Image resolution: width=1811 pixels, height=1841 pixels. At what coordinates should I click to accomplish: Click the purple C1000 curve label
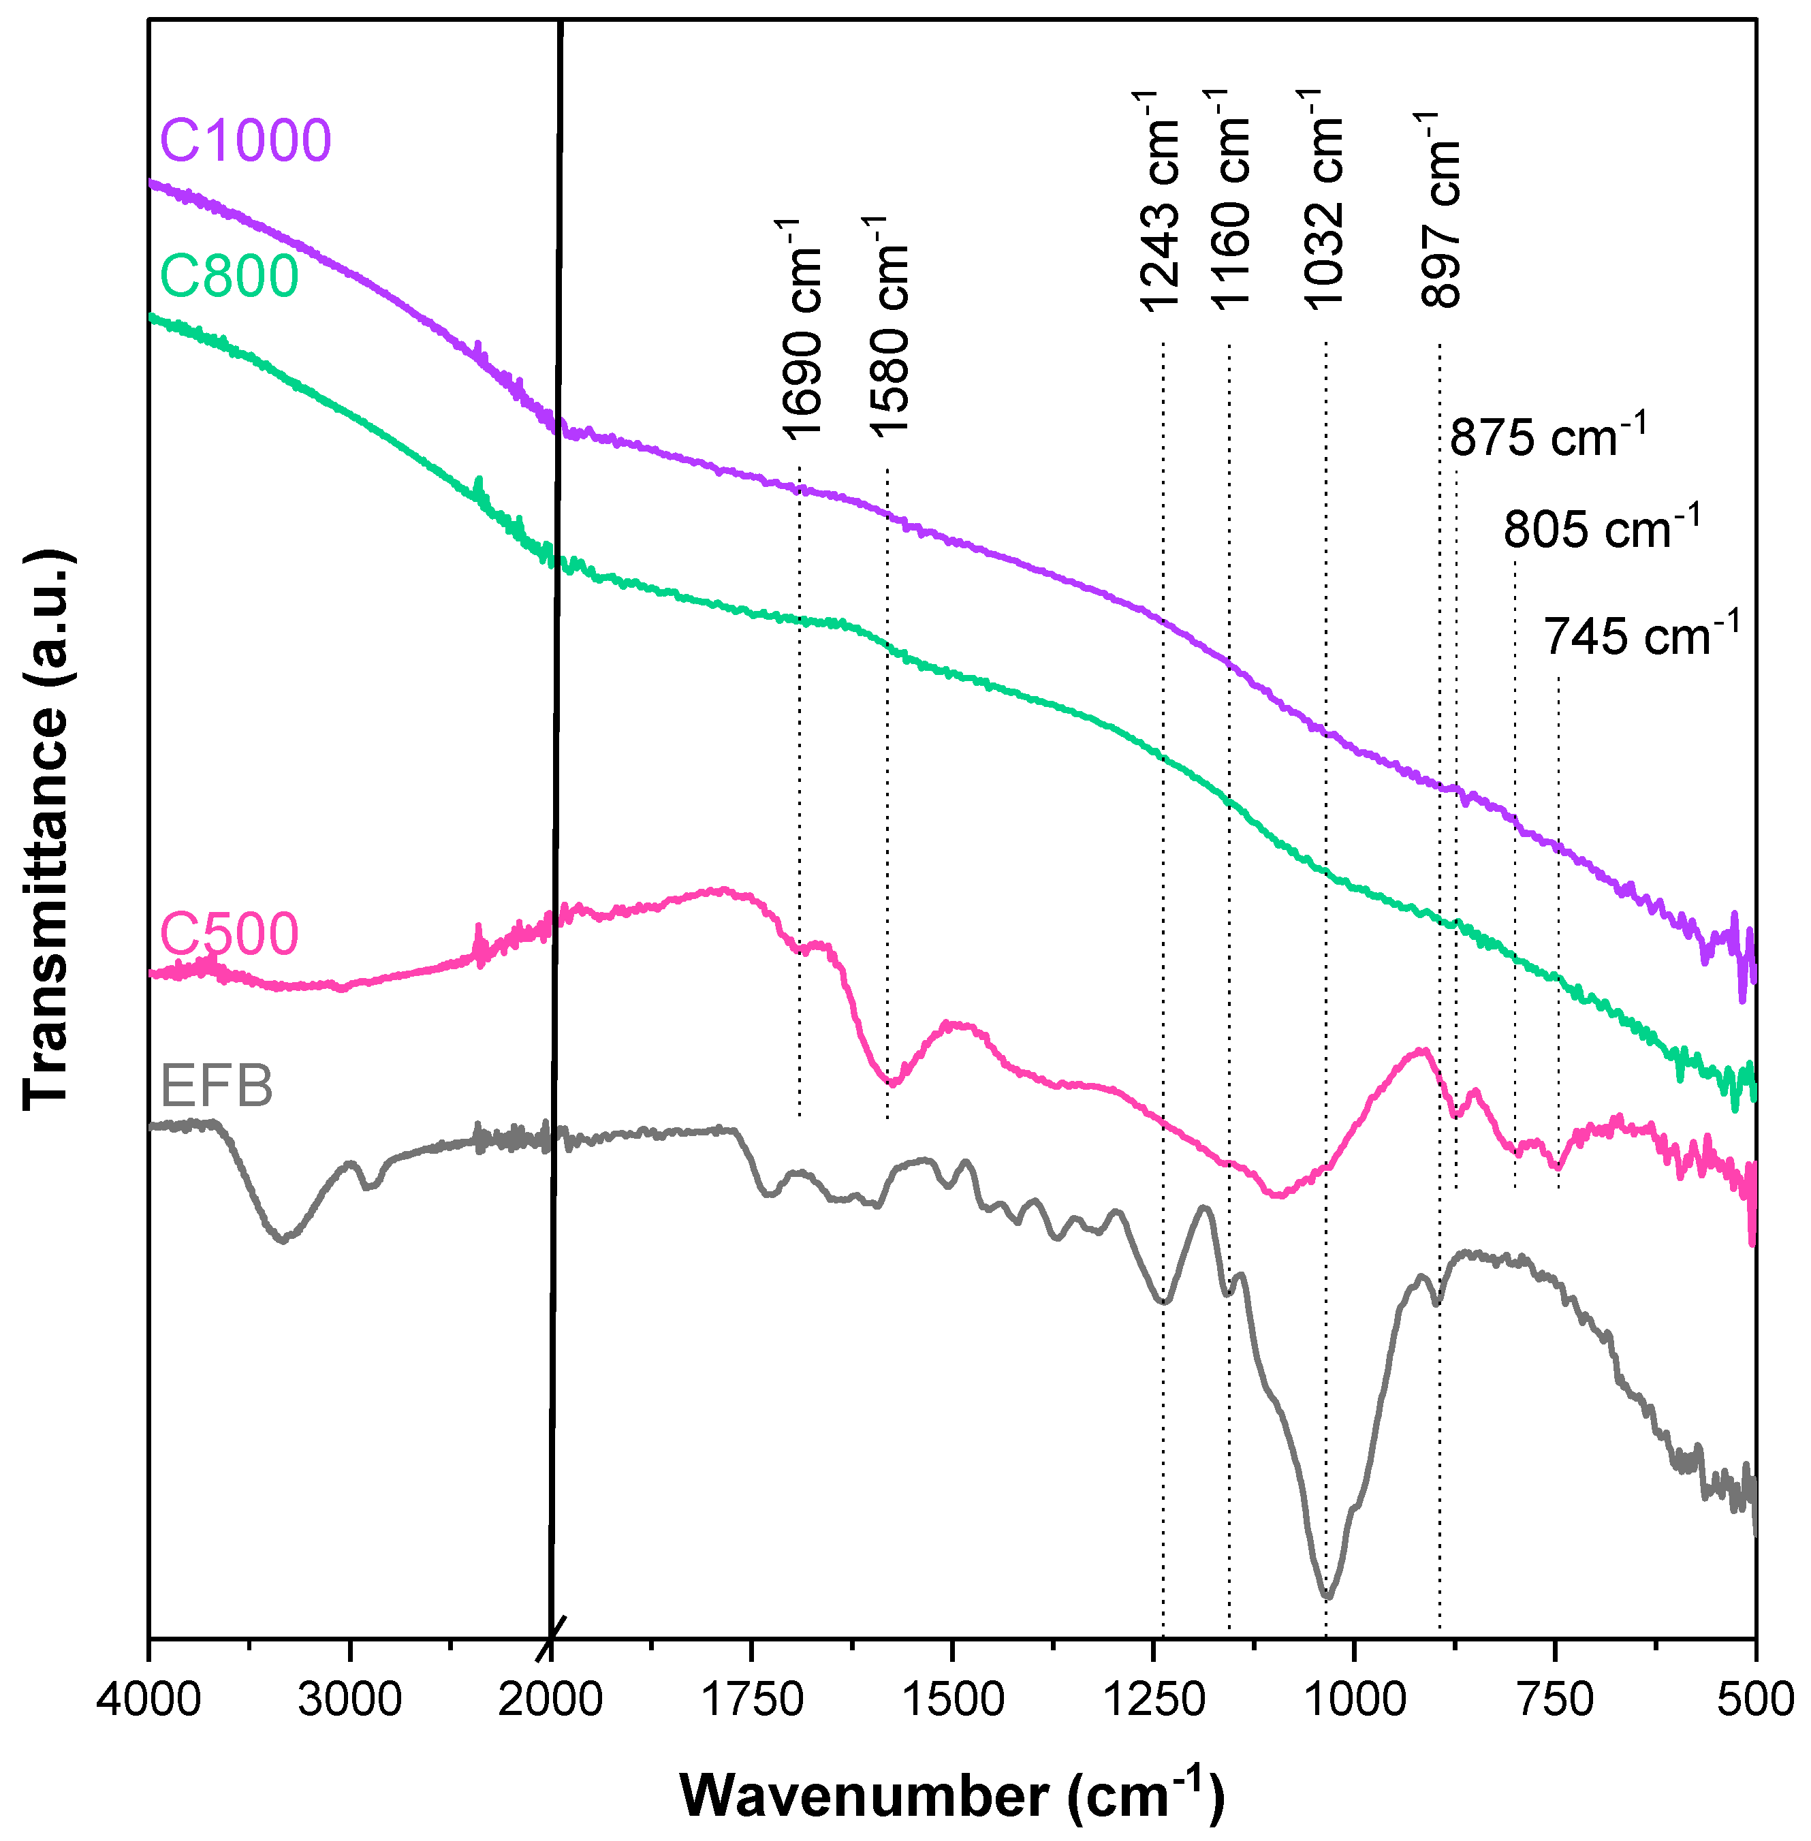(x=245, y=140)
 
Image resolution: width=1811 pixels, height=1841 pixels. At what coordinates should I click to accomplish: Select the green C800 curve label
(x=230, y=276)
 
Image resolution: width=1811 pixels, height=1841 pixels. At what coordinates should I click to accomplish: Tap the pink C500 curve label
(x=230, y=933)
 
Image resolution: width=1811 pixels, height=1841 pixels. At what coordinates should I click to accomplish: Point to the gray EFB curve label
(x=217, y=1085)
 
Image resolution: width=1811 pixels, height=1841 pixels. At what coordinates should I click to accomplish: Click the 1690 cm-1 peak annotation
(x=802, y=328)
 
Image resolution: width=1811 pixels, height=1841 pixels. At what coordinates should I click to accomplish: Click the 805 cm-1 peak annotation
(x=1601, y=528)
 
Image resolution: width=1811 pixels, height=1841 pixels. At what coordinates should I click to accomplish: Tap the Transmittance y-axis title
(x=45, y=828)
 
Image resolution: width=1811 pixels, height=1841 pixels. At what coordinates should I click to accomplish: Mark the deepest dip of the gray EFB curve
(x=1328, y=1598)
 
